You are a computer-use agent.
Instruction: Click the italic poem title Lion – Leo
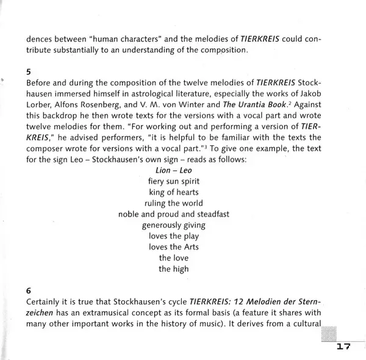point(174,170)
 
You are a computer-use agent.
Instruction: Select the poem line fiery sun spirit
point(174,181)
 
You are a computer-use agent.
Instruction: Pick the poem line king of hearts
point(174,192)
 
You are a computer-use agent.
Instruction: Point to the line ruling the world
point(174,203)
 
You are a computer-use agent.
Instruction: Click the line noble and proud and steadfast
point(174,214)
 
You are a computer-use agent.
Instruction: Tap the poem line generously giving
point(174,225)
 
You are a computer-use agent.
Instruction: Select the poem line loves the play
point(174,236)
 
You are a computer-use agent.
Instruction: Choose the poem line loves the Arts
point(174,247)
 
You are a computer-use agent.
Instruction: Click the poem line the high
point(174,269)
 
